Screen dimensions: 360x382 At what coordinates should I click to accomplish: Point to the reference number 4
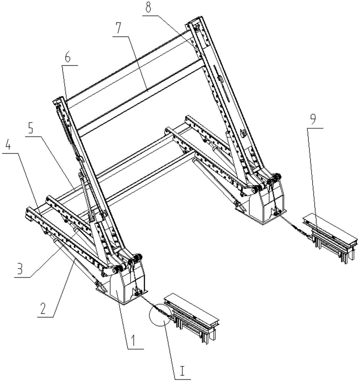coord(8,146)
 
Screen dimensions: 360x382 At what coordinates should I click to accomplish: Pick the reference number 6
coord(68,58)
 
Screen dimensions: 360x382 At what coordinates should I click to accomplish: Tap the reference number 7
coord(118,28)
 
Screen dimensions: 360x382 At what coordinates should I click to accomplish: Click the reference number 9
coord(313,120)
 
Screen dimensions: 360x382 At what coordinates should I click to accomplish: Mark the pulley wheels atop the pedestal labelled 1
coord(135,259)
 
